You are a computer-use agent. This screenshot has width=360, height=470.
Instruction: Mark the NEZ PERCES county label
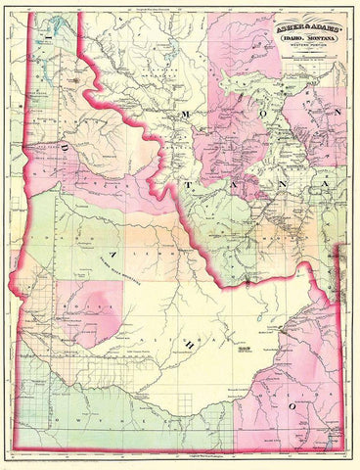tap(83, 181)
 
